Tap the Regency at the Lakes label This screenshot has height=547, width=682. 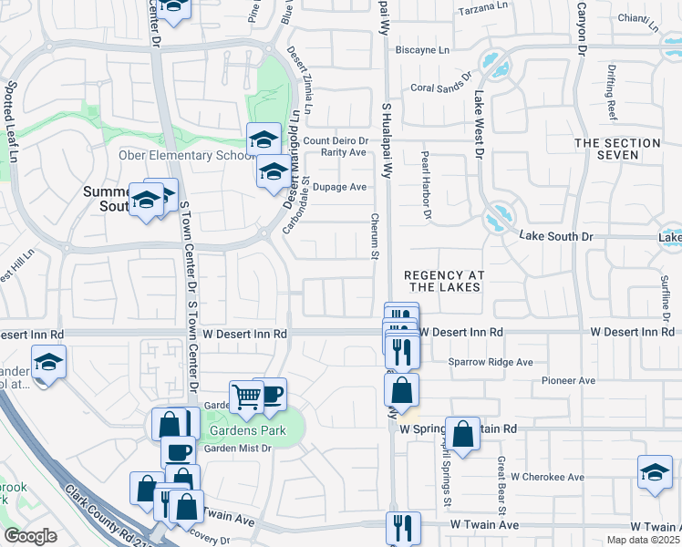[442, 281]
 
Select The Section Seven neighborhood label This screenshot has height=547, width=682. [617, 149]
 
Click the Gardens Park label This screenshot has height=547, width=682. [247, 430]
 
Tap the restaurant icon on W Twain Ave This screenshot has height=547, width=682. [402, 527]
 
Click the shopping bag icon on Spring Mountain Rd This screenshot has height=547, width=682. [462, 433]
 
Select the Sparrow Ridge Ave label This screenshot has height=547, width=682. [490, 362]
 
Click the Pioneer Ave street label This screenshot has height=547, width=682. [568, 380]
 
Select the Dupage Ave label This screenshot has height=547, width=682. [339, 187]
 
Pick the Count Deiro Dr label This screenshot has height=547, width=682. [336, 140]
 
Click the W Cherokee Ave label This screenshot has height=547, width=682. [547, 477]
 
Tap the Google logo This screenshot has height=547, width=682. [31, 536]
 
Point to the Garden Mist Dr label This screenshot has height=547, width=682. [237, 448]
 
